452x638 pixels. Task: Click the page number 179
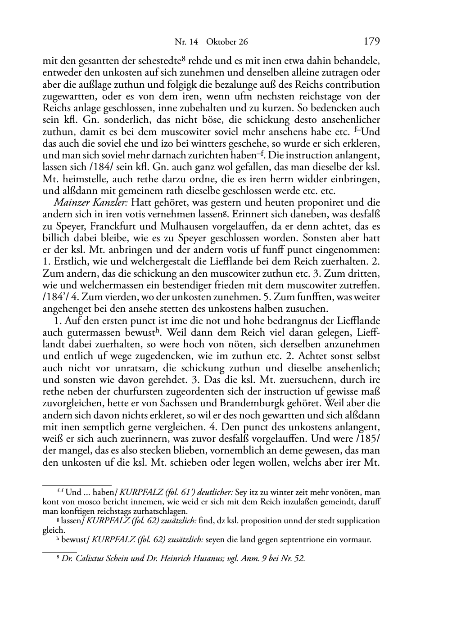371,42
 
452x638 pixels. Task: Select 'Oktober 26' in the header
227,42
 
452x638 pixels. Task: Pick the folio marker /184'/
56,297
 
